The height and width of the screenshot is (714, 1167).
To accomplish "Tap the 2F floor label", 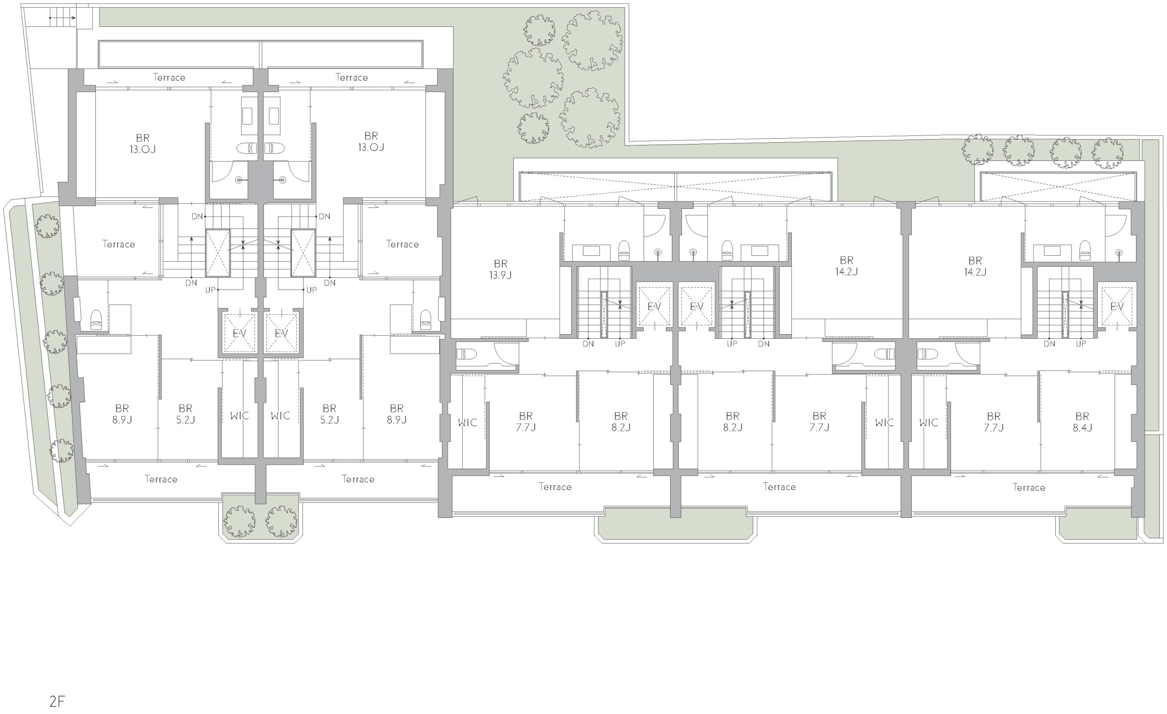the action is (x=57, y=701).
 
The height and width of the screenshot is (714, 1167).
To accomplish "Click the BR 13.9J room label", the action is (x=501, y=269).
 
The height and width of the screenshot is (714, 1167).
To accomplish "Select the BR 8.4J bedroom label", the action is (x=1082, y=422).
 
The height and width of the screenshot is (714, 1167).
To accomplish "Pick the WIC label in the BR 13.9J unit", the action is (x=467, y=422).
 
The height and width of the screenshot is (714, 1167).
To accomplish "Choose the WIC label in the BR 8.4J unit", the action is (x=928, y=422).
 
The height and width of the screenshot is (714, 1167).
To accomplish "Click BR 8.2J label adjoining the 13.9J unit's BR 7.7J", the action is (x=621, y=422).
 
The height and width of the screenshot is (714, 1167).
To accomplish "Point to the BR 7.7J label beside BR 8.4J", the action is (x=994, y=422).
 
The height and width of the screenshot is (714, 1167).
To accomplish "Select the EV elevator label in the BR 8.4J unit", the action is (x=1117, y=307).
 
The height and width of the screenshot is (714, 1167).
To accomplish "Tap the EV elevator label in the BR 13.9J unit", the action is (x=654, y=307).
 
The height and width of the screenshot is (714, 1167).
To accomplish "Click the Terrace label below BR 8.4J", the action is (x=1029, y=487).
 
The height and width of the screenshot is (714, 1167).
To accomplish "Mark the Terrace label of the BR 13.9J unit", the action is (x=555, y=486).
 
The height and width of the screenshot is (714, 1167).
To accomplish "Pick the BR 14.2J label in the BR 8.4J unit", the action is (x=975, y=266).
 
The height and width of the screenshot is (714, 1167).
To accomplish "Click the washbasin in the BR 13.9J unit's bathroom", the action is (x=591, y=251).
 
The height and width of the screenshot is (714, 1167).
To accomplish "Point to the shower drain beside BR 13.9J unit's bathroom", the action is (x=658, y=252).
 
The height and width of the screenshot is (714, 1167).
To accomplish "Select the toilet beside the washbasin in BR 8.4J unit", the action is (x=1084, y=250).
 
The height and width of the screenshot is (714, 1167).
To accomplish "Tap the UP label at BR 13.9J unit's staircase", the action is (x=620, y=344).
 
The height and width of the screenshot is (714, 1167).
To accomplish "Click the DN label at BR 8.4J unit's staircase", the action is (x=1049, y=344).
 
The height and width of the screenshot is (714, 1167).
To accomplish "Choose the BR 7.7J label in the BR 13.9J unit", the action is (x=526, y=422).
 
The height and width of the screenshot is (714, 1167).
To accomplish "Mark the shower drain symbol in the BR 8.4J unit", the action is (x=1119, y=252).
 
